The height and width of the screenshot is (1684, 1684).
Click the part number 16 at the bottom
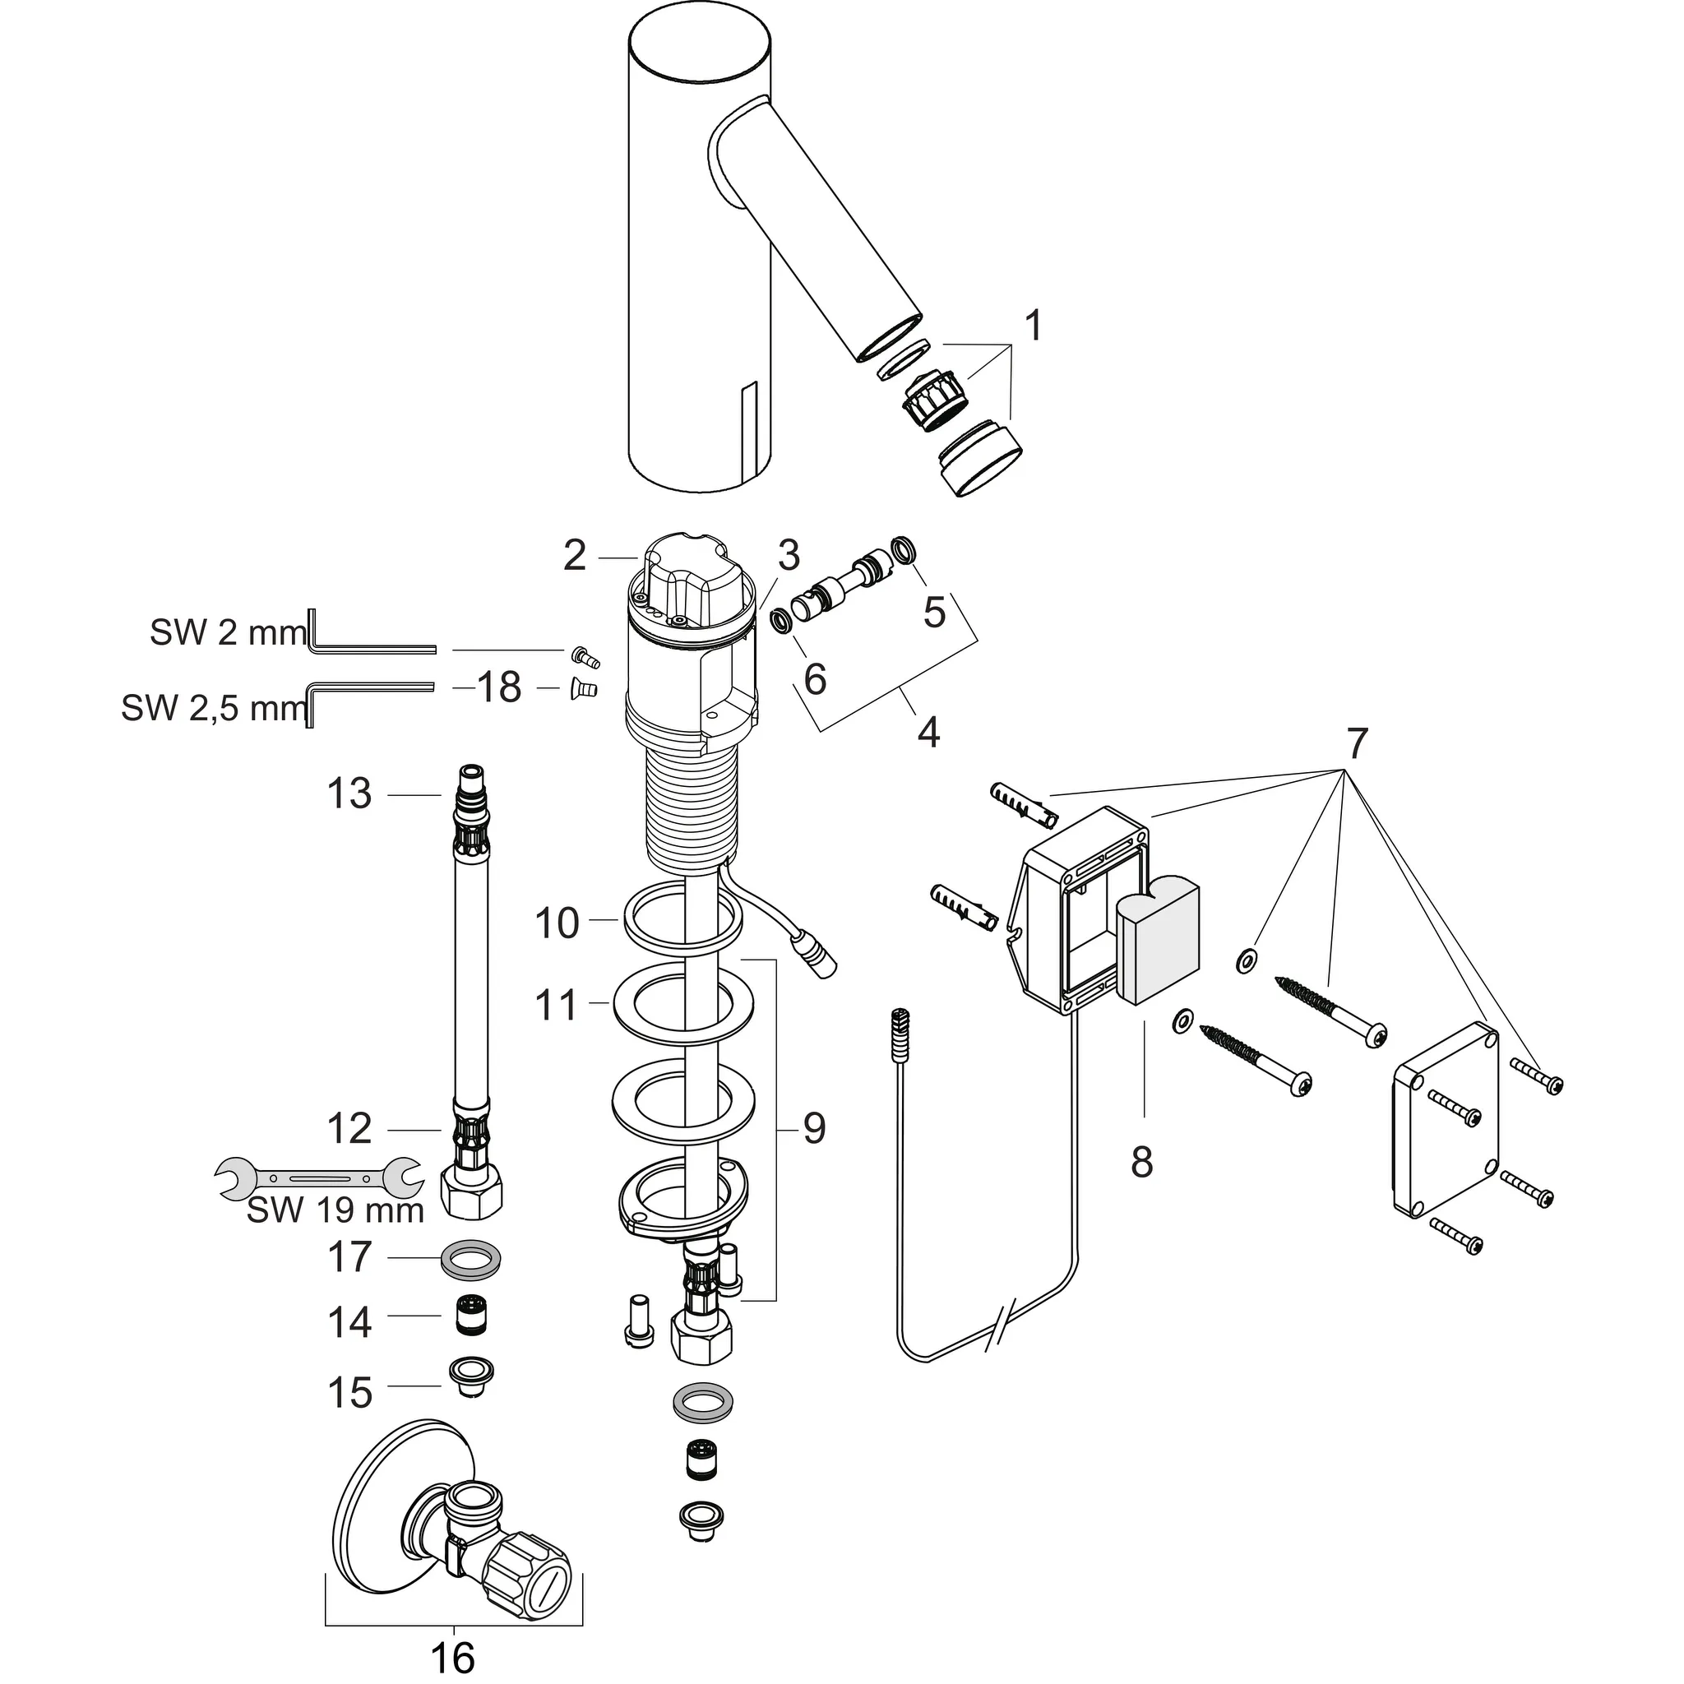[x=452, y=1657]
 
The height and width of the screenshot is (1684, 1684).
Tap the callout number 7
[x=1357, y=743]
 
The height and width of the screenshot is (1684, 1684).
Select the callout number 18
[x=499, y=687]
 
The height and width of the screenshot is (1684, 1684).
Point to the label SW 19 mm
[x=335, y=1210]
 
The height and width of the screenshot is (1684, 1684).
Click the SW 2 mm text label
[x=229, y=633]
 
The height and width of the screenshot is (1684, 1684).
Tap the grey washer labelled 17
[x=471, y=1260]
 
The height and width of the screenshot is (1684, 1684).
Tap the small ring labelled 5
[x=902, y=550]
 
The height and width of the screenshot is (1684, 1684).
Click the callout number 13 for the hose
[x=349, y=794]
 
